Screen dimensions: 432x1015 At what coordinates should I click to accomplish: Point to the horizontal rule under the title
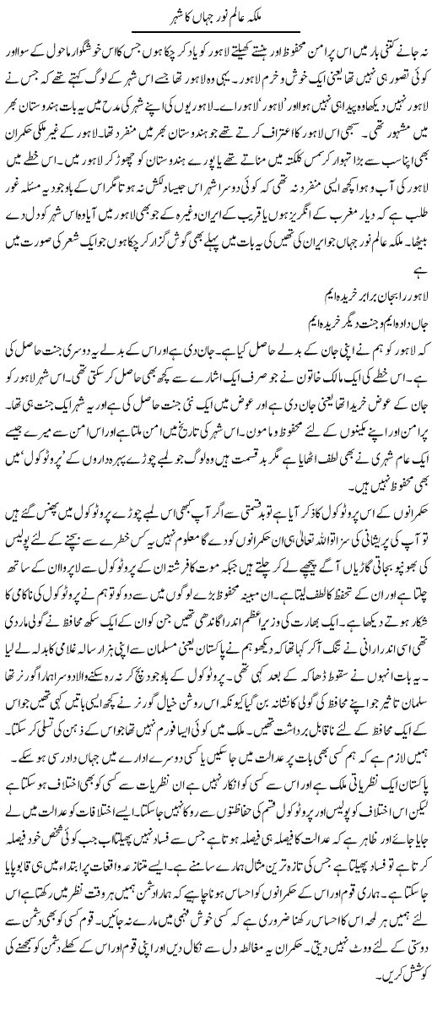216,30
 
